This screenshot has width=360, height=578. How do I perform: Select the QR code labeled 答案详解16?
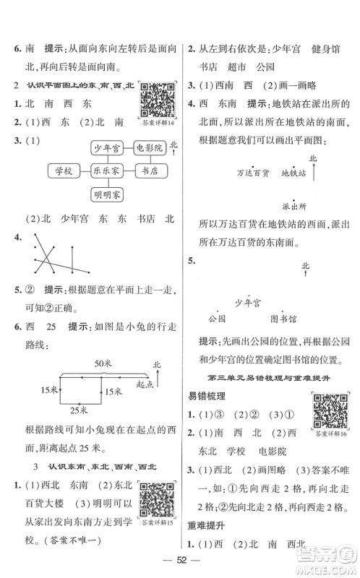pyautogui.click(x=329, y=411)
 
